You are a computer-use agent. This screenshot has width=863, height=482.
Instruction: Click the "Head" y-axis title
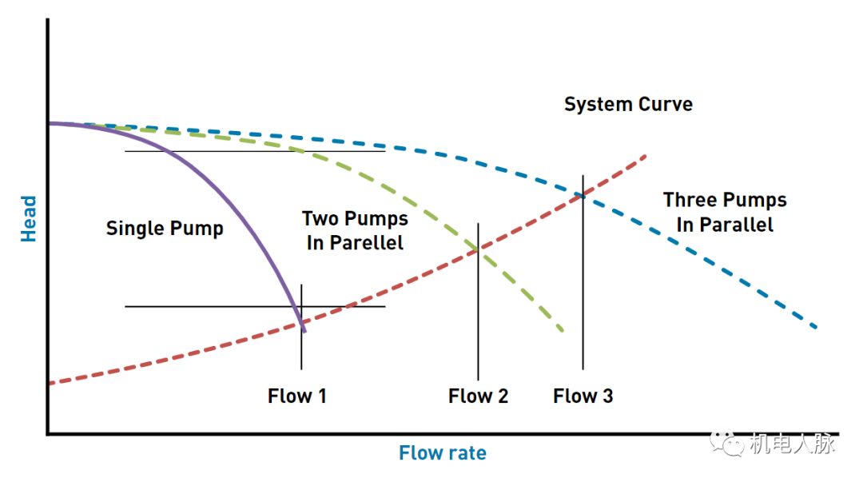coord(29,218)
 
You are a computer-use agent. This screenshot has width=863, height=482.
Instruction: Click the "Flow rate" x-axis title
coord(443,453)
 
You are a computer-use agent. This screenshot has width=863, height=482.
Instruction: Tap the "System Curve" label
coord(628,105)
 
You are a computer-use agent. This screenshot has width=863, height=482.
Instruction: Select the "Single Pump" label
coord(165,229)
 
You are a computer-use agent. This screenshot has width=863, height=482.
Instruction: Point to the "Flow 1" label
coord(296,396)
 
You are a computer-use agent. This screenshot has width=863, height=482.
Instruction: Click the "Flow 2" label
coord(478,396)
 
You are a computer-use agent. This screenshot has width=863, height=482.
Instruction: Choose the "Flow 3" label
coord(583,396)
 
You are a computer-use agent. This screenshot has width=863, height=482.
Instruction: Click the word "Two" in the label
coord(320,219)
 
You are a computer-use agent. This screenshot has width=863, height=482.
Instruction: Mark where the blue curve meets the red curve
coord(583,193)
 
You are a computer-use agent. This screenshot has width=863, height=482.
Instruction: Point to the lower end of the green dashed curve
coord(563,330)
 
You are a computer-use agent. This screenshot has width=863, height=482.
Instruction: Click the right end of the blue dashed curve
coord(816,328)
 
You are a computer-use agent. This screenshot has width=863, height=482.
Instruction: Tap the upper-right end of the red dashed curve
coord(644,155)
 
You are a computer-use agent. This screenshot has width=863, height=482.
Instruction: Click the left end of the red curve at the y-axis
coord(50,384)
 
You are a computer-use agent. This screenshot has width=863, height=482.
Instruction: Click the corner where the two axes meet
coord(48,434)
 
